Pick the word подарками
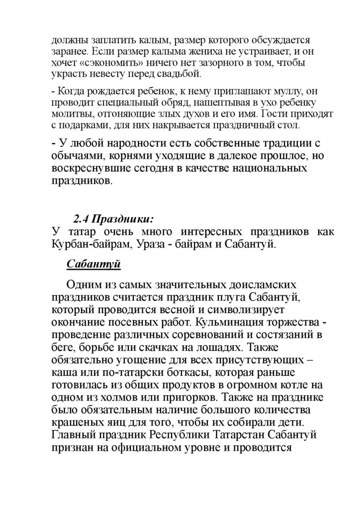[x=84, y=124]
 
